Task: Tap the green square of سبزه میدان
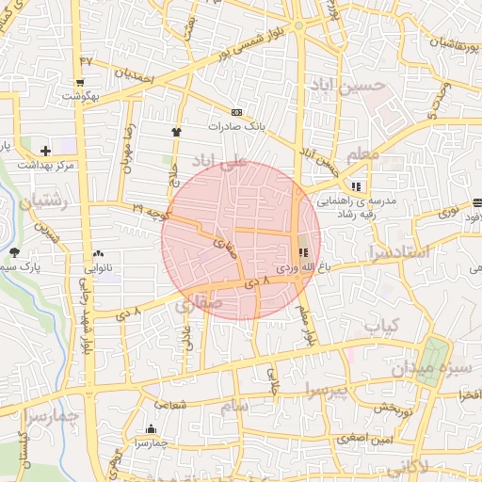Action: click(x=434, y=350)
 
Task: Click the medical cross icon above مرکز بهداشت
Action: click(x=45, y=151)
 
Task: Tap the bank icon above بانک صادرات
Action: click(x=235, y=111)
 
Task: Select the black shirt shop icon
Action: click(x=175, y=131)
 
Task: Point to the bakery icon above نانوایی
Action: click(x=98, y=253)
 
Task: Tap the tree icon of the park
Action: click(x=15, y=251)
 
